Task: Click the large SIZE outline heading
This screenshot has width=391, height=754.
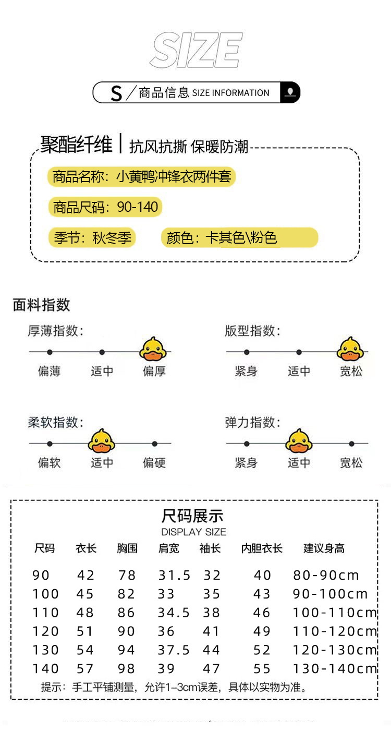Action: click(x=196, y=50)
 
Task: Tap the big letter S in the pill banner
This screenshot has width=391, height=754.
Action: click(x=116, y=93)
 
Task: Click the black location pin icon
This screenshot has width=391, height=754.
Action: click(x=290, y=92)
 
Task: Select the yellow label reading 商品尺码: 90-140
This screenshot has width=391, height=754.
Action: click(x=105, y=207)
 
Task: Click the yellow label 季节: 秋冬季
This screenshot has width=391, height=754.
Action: click(x=92, y=238)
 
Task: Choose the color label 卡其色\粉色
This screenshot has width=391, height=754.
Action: click(x=240, y=238)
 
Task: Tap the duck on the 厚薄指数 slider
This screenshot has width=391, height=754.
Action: click(x=153, y=350)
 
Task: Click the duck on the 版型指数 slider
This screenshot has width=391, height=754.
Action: click(x=350, y=350)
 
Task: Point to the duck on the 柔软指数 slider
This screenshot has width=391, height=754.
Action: click(x=101, y=441)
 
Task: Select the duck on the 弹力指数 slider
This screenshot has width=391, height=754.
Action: click(x=299, y=441)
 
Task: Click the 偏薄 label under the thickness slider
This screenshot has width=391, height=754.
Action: click(x=50, y=372)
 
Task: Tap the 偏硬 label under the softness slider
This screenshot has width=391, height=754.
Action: click(x=154, y=463)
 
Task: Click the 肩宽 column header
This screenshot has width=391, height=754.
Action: click(x=168, y=548)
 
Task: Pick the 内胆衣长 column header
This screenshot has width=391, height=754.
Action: click(x=262, y=548)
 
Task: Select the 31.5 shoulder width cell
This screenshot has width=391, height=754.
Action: click(x=174, y=576)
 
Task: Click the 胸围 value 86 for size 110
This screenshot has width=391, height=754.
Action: click(x=127, y=613)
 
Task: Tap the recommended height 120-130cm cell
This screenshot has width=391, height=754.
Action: click(x=335, y=650)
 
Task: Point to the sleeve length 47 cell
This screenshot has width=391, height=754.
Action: click(x=212, y=669)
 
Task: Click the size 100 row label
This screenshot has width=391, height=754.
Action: click(x=46, y=594)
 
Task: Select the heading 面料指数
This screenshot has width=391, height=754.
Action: click(x=41, y=305)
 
